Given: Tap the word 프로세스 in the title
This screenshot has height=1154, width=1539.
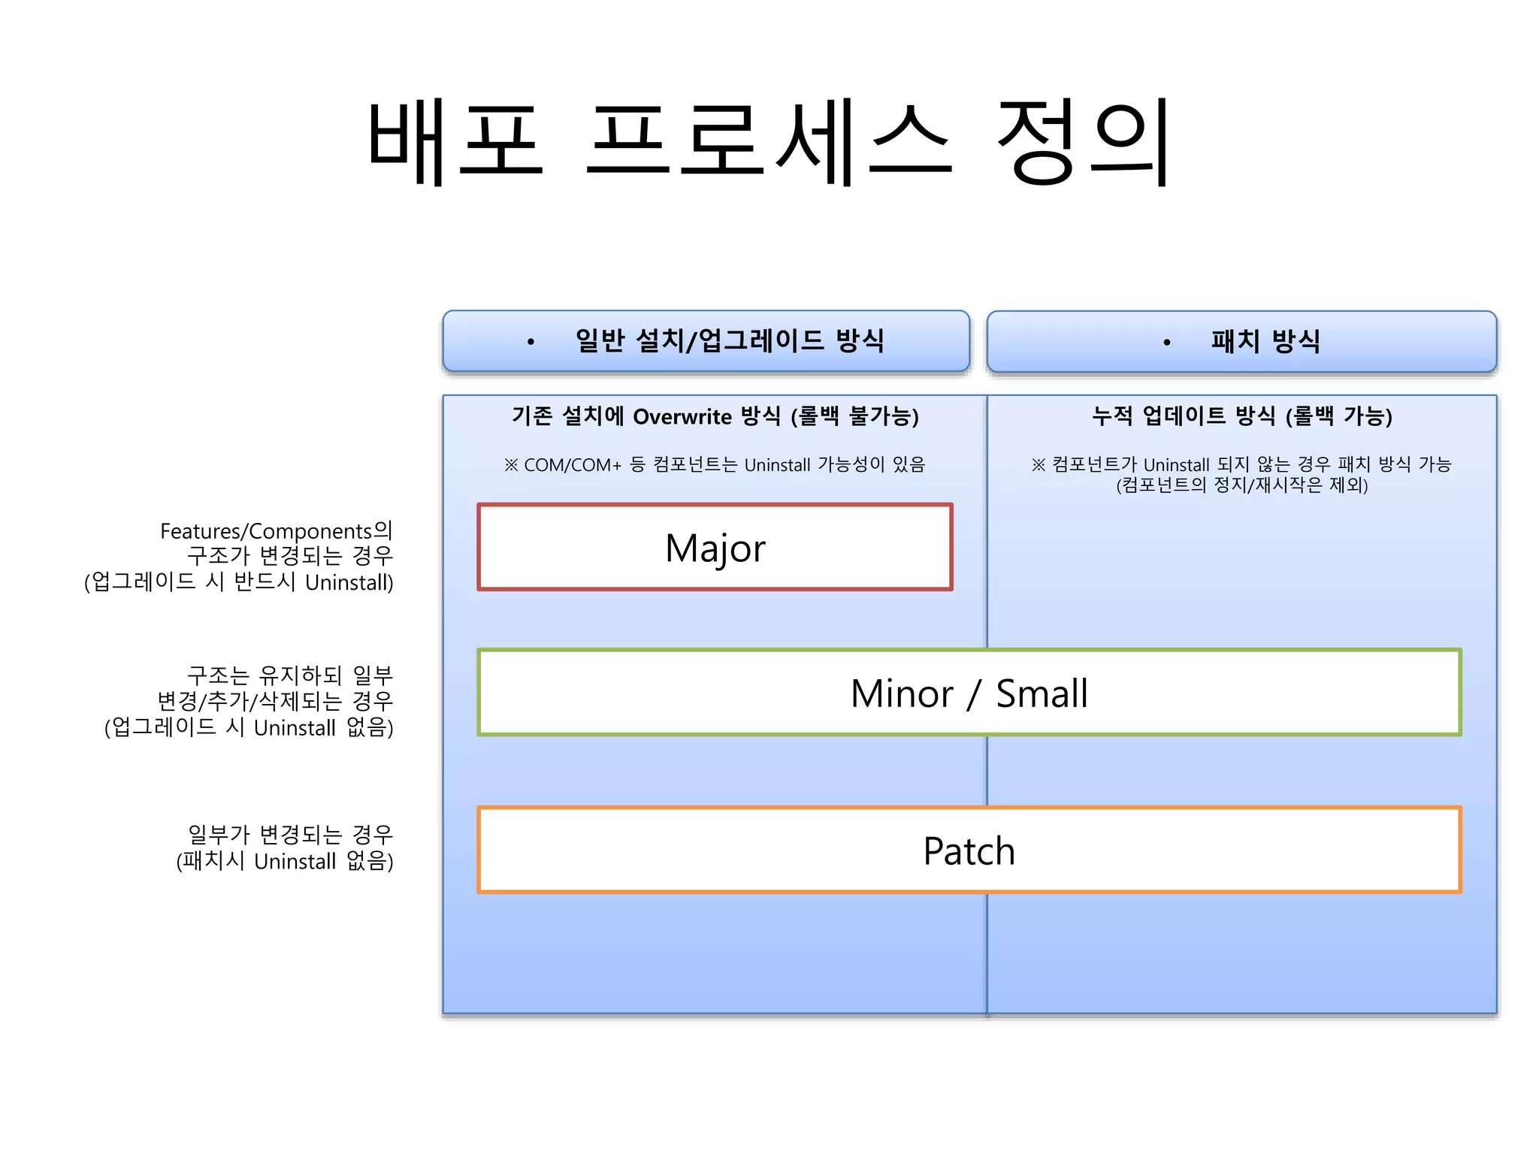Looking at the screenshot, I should tap(769, 143).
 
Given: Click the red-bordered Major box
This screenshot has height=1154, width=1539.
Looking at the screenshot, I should tap(715, 547).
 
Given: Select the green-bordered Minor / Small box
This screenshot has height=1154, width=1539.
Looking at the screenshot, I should tap(969, 693).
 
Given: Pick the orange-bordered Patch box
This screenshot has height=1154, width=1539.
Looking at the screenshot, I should tap(969, 850).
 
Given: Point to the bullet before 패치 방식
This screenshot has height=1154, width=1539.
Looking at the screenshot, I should tap(1166, 343).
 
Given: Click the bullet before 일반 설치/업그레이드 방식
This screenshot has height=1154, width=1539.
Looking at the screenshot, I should tap(531, 343).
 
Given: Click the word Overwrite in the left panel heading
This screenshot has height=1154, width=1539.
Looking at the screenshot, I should tap(682, 416).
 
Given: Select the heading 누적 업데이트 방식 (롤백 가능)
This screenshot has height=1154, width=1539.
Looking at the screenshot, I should tap(1241, 415).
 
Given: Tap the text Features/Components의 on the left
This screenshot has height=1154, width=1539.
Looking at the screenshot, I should tap(276, 531).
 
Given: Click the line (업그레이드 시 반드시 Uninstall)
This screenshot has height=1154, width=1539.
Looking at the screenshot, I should tap(239, 582).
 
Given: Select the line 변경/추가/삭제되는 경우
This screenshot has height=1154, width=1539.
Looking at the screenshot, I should tap(275, 701).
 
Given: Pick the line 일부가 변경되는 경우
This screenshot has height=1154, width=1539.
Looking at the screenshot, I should tap(290, 834).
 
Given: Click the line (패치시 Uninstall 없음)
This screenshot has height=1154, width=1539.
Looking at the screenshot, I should tap(285, 861).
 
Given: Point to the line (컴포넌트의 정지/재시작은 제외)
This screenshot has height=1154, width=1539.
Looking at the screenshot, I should tap(1241, 485).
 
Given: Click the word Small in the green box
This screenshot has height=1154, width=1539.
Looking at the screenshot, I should tap(1042, 693).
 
